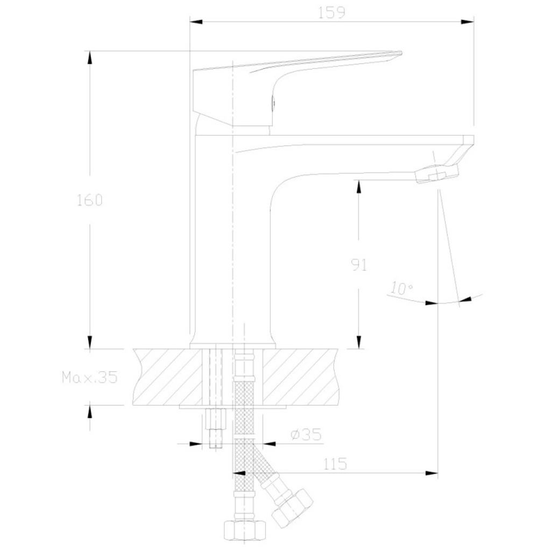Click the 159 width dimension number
(331, 13)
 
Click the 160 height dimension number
(90, 200)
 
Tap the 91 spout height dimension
(359, 265)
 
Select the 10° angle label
(401, 288)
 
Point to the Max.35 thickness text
(90, 377)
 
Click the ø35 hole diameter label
(306, 435)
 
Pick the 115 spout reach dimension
(335, 464)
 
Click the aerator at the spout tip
(437, 174)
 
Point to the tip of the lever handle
(401, 53)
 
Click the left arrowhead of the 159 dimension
(196, 22)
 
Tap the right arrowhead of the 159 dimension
(468, 22)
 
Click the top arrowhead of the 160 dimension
(90, 58)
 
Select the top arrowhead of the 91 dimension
(359, 187)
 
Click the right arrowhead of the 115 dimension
(432, 473)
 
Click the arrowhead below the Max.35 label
(90, 412)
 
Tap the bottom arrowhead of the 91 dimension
(359, 342)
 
